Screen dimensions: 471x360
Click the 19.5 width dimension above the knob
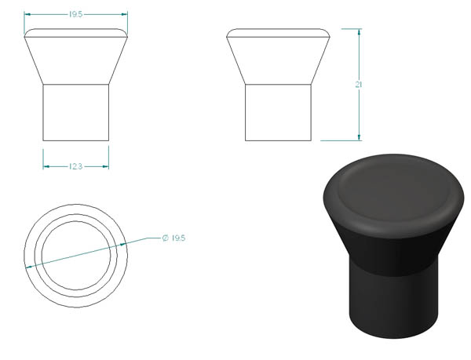pyautogui.click(x=75, y=14)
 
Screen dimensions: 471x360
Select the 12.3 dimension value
pyautogui.click(x=75, y=166)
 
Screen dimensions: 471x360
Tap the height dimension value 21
pyautogui.click(x=359, y=85)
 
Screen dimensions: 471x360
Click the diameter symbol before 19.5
pyautogui.click(x=166, y=238)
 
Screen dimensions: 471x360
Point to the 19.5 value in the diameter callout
pyautogui.click(x=179, y=238)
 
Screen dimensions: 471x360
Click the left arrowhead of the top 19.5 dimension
pyautogui.click(x=27, y=14)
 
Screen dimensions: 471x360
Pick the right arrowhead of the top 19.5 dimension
pyautogui.click(x=124, y=14)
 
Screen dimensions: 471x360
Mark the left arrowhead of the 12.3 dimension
pyautogui.click(x=46, y=166)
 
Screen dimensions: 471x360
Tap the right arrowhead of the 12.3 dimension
pyautogui.click(x=105, y=166)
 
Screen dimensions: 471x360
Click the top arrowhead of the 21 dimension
pyautogui.click(x=359, y=32)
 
